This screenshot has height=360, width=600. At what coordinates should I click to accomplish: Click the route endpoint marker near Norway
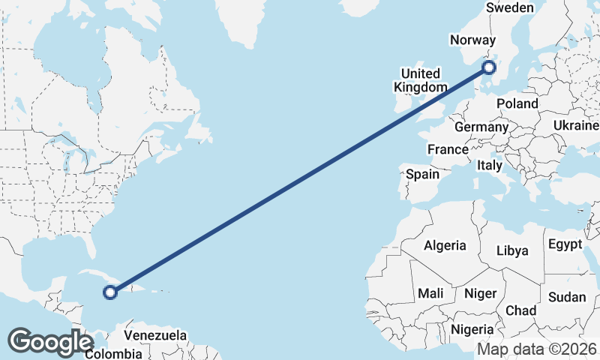click(x=489, y=67)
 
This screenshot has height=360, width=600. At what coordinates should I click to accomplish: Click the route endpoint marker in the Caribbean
click(x=110, y=292)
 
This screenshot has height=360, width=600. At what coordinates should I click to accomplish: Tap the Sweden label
click(x=510, y=7)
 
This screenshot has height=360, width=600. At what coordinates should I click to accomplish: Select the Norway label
click(x=472, y=40)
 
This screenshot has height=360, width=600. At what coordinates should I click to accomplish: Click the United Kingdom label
click(x=420, y=79)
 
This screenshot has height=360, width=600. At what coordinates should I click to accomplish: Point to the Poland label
click(x=517, y=103)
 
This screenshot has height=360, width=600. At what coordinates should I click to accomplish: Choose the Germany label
click(x=481, y=127)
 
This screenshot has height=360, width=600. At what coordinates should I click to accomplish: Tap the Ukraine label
click(x=575, y=124)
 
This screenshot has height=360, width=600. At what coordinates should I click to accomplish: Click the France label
click(x=448, y=149)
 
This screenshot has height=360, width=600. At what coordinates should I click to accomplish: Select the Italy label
click(x=490, y=165)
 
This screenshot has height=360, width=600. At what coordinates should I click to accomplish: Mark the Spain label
click(x=422, y=174)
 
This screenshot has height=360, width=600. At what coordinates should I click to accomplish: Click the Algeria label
click(x=445, y=245)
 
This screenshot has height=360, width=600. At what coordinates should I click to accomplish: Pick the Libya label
click(x=513, y=250)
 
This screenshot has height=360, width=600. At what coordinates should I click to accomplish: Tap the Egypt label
click(x=565, y=244)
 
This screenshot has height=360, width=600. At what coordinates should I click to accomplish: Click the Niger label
click(x=480, y=293)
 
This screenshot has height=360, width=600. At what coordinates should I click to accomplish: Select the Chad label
click(x=521, y=310)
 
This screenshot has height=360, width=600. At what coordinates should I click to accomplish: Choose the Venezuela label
click(x=154, y=334)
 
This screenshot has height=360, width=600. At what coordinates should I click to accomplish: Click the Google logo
click(x=51, y=341)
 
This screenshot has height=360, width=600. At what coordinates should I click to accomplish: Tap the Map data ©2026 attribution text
click(x=537, y=349)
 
